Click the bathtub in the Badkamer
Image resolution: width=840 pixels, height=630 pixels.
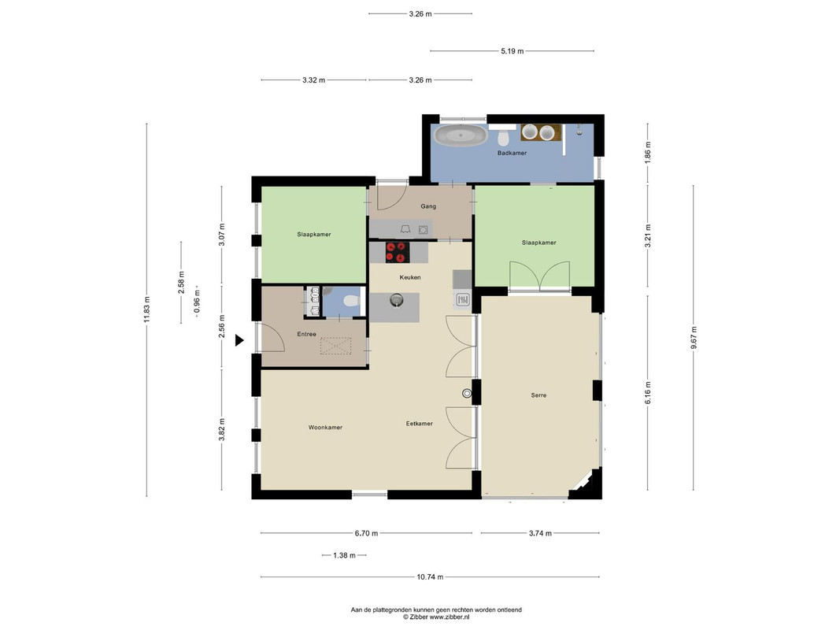pos(461,135)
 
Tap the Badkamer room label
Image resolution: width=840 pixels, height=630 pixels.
pos(512,154)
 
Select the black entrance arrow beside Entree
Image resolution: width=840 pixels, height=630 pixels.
pos(239,340)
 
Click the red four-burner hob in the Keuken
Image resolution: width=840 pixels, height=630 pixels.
pos(397,252)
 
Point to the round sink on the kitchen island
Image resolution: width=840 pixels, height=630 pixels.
pos(396,299)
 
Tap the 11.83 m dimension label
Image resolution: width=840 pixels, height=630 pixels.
pos(146,309)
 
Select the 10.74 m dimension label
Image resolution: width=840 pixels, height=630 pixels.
pos(430,577)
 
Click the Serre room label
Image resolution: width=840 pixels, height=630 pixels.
pos(538,395)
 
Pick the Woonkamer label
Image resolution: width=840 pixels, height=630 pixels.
pos(325,428)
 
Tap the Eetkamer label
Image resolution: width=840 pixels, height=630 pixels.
pos(419,424)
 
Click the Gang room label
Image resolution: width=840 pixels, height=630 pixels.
pos(428,206)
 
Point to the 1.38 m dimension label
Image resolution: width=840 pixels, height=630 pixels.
pos(344,555)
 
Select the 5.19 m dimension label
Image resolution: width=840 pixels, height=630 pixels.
pos(513,51)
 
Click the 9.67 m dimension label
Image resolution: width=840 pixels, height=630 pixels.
pos(694,338)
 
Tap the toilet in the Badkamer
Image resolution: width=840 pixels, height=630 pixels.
pos(503,139)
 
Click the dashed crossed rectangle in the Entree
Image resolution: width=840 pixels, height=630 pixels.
pos(336,346)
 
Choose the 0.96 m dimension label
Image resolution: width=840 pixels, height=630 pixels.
pos(197,302)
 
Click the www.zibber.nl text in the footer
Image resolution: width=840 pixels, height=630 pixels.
pos(449,617)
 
